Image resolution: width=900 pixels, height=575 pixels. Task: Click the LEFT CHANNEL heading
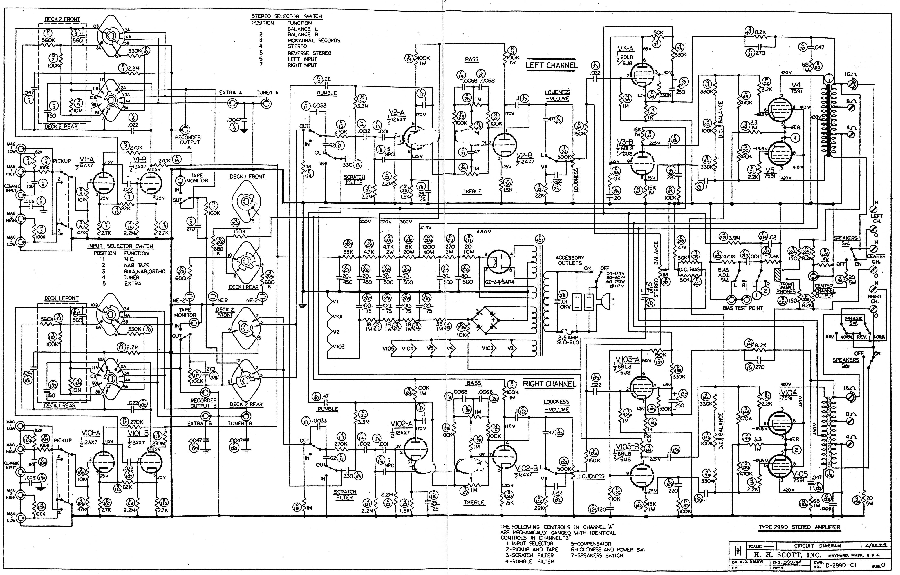point(551,65)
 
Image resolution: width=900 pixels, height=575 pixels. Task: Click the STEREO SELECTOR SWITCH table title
point(286,16)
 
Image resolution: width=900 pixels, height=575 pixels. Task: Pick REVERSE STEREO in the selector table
point(309,53)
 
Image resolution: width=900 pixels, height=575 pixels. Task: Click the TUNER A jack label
point(267,93)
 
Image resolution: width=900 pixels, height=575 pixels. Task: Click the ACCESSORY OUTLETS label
point(570,260)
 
